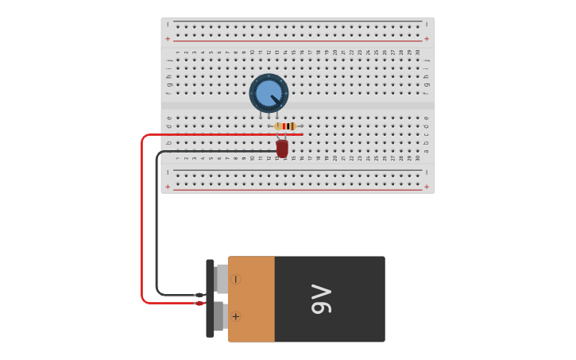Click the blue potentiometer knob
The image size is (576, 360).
pos(269,92)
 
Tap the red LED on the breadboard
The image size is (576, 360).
pos(282,149)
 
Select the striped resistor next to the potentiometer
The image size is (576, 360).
pos(285,126)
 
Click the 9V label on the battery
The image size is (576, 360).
pos(322,299)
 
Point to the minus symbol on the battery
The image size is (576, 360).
pos(235,279)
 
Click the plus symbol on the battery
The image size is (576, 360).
pos(235,316)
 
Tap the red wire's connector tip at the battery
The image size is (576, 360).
pos(199,303)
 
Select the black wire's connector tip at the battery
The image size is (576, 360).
pos(199,295)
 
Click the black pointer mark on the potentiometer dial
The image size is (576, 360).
pos(276,99)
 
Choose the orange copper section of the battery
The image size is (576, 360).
pos(251,299)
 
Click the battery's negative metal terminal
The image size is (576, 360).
pos(221,279)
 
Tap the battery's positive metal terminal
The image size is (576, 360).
pos(218,316)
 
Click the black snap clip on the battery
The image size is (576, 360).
pos(210,298)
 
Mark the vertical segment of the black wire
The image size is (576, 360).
pos(157,223)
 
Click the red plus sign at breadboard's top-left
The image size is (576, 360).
pos(168,39)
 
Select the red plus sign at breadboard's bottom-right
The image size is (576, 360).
pos(427,187)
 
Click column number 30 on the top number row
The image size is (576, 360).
pos(418,52)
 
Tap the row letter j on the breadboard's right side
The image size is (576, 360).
pos(427,60)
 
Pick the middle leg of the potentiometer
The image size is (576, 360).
pos(269,116)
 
